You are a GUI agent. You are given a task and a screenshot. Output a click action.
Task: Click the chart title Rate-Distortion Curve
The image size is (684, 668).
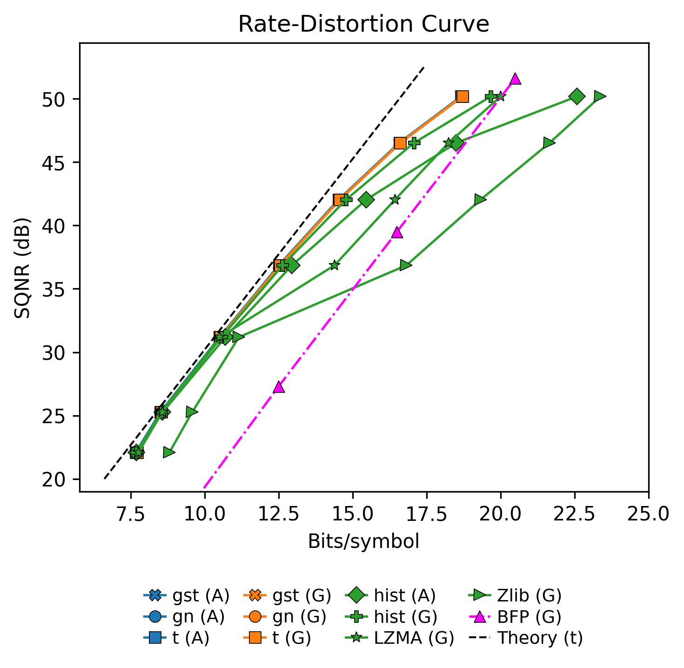tap(363, 24)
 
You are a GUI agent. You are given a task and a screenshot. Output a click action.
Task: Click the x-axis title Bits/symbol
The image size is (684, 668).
tap(363, 541)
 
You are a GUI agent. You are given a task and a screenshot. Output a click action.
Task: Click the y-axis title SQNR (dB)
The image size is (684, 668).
tap(22, 267)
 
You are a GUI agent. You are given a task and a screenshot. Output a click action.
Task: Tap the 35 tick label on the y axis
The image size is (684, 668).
tap(54, 290)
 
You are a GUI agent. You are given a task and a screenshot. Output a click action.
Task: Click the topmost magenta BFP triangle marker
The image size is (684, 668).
tap(515, 79)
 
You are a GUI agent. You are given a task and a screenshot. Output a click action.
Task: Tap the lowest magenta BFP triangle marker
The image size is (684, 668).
tap(279, 387)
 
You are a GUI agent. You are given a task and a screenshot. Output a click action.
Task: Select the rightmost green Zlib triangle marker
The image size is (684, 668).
tap(599, 96)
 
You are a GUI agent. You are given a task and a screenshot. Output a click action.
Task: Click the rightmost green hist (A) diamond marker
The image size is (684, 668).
tap(577, 96)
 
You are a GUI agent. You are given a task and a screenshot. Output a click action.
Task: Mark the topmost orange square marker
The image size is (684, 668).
tap(462, 96)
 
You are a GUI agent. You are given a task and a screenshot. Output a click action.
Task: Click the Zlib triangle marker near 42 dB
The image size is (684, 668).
tap(480, 200)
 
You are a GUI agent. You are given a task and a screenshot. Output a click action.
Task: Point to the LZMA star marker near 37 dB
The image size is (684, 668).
tap(335, 265)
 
